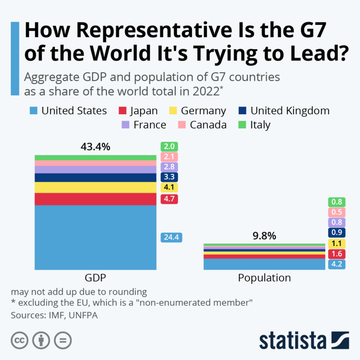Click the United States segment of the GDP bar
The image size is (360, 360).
pyautogui.click(x=95, y=237)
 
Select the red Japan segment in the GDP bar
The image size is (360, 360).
pyautogui.click(x=95, y=199)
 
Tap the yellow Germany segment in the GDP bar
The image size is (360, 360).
pyautogui.click(x=95, y=187)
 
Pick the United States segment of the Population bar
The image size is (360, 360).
pyautogui.click(x=264, y=264)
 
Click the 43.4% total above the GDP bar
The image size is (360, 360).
pyautogui.click(x=95, y=147)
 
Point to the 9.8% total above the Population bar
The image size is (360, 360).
pyautogui.click(x=264, y=235)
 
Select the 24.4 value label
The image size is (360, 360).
pyautogui.click(x=171, y=238)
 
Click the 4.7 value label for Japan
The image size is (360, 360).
pyautogui.click(x=169, y=199)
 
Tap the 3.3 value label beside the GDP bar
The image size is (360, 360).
pyautogui.click(x=169, y=177)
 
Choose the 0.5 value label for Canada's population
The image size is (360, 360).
pyautogui.click(x=337, y=213)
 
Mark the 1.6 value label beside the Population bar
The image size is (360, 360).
pyautogui.click(x=337, y=254)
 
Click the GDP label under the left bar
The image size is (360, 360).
pyautogui.click(x=95, y=278)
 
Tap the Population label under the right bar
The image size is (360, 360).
pyautogui.click(x=264, y=278)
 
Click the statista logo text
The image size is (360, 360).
pyautogui.click(x=293, y=340)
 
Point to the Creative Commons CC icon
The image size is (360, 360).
pyautogui.click(x=19, y=340)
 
